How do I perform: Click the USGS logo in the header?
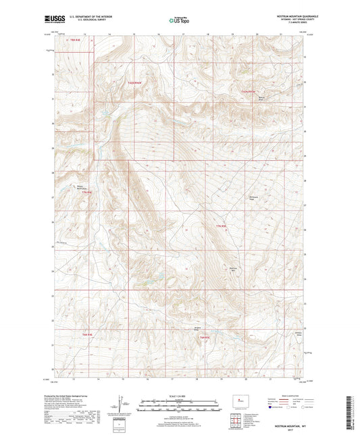[54, 20]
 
